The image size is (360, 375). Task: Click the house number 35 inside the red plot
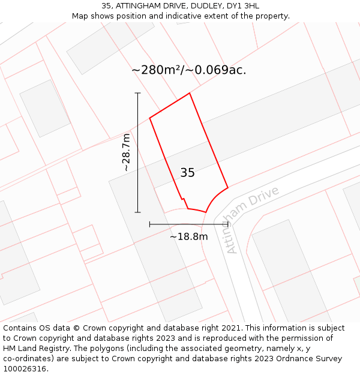pos(187,173)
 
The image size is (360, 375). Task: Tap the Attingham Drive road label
pos(253,220)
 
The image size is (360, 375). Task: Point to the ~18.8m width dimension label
pos(188,236)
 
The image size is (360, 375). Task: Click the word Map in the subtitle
pos(81,16)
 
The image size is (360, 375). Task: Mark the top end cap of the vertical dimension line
pos(137,93)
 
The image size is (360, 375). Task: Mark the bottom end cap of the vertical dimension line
pos(137,212)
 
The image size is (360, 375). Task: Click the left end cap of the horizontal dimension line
pos(149,224)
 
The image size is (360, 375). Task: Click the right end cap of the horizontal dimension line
pos(228,224)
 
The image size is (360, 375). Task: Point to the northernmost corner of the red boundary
pos(190,93)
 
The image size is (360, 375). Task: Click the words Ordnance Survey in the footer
pos(312,359)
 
